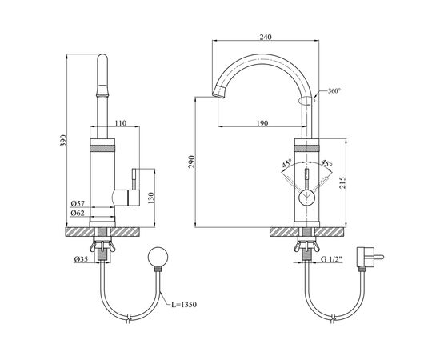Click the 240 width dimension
[266, 37]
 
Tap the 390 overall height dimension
[63, 140]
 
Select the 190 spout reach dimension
[262, 123]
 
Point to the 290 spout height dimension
[191, 162]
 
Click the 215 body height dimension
[342, 182]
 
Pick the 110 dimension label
[121, 123]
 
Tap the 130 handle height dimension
[151, 198]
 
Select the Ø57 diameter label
[78, 203]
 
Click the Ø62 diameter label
[78, 213]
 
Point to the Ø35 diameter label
[81, 259]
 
